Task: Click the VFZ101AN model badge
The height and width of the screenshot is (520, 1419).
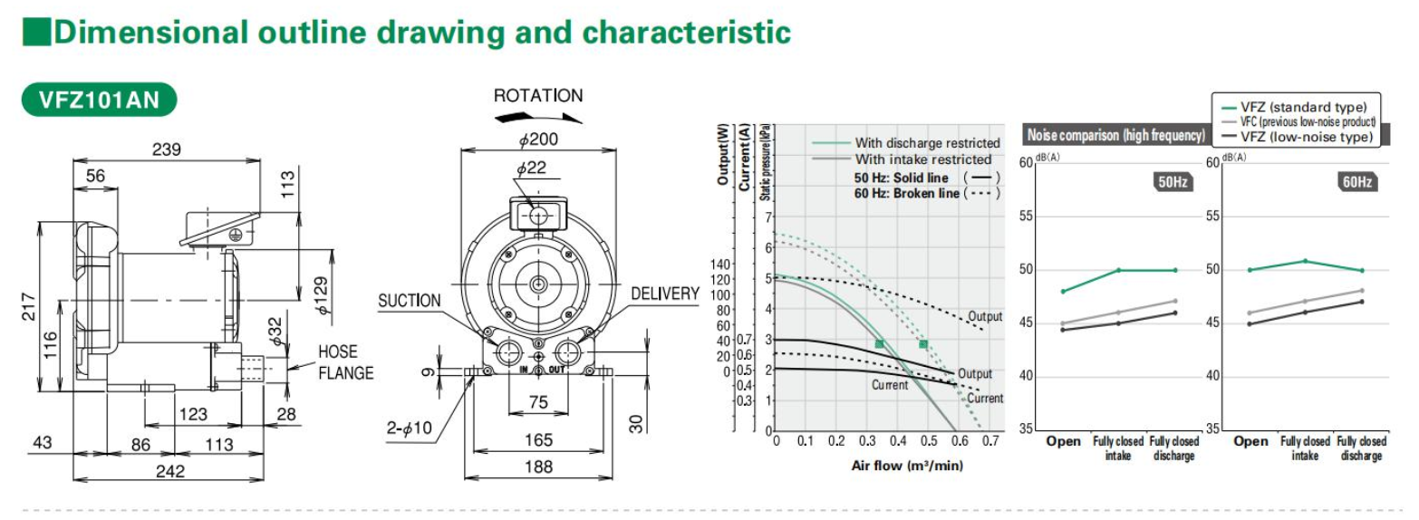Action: [x=99, y=101]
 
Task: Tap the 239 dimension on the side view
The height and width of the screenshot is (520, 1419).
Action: [x=166, y=149]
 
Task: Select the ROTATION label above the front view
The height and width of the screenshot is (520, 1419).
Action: [x=538, y=96]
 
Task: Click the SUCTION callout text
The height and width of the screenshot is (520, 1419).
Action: [x=410, y=301]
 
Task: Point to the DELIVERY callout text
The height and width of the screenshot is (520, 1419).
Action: [x=665, y=294]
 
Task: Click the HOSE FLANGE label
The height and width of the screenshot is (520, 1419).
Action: [x=345, y=362]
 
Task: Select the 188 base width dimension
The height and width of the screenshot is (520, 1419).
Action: [x=538, y=467]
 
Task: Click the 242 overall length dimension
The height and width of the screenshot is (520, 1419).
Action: [x=169, y=471]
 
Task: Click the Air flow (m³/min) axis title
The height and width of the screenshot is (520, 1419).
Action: [x=907, y=466]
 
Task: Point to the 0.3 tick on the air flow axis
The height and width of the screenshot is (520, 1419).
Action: [x=867, y=440]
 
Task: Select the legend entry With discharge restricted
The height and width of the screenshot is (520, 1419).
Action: [x=927, y=143]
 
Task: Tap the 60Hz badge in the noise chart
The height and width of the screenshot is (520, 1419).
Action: [x=1356, y=182]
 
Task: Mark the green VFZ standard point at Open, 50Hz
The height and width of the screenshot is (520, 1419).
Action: [x=1063, y=291]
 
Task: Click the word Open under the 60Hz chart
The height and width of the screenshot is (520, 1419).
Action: [x=1250, y=441]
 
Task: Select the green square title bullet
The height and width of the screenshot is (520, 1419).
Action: [x=35, y=33]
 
